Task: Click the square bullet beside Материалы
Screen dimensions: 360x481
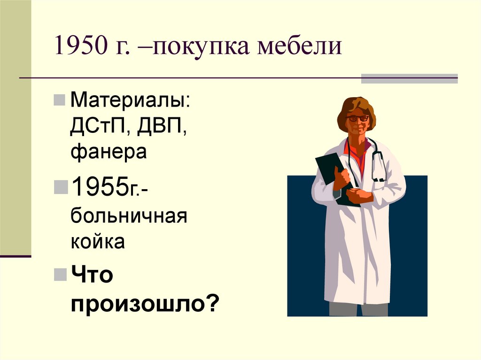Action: [x=60, y=100]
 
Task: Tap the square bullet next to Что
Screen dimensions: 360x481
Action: [x=60, y=274]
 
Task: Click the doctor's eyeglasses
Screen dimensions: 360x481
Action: [x=357, y=118]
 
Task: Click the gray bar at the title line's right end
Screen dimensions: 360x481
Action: [x=409, y=78]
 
